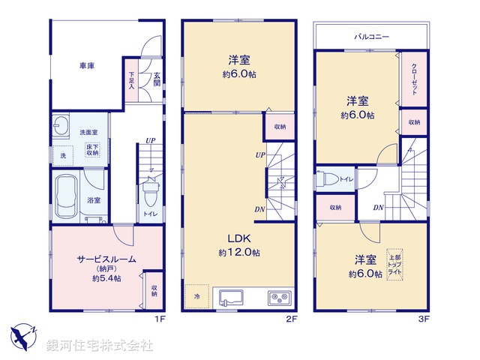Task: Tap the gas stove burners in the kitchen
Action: click(278, 298)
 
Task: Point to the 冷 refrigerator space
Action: click(198, 296)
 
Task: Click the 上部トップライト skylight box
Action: click(394, 265)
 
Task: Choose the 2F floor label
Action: click(292, 319)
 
